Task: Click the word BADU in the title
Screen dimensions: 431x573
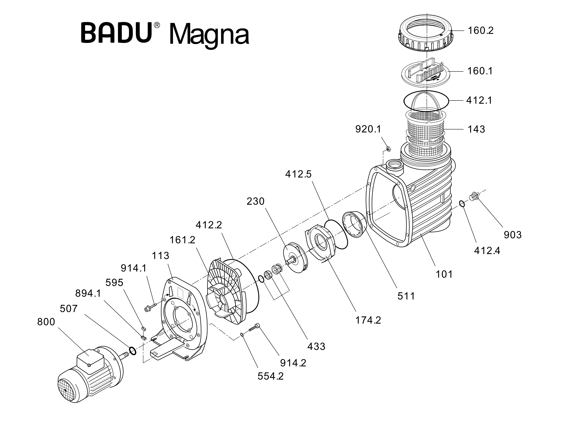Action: click(x=116, y=33)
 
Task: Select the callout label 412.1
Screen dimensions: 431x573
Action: click(x=479, y=100)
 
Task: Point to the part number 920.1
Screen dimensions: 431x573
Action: click(x=368, y=129)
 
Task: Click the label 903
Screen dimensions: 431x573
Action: click(x=513, y=235)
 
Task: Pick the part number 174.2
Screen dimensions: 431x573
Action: click(x=368, y=321)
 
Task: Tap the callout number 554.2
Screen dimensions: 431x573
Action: click(x=270, y=376)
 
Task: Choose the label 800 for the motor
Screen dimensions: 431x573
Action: click(x=46, y=322)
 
